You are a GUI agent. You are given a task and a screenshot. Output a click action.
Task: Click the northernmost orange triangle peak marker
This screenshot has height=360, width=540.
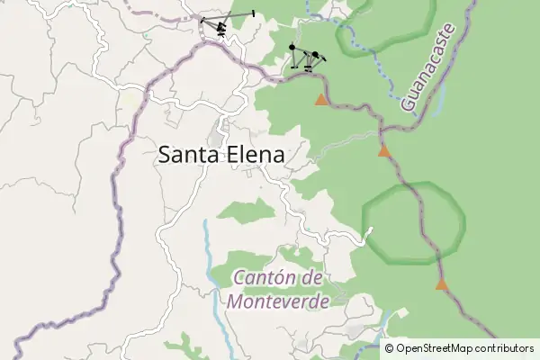pyautogui.click(x=321, y=99)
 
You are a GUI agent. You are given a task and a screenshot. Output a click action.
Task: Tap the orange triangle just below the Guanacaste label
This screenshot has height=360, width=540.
pyautogui.click(x=384, y=151)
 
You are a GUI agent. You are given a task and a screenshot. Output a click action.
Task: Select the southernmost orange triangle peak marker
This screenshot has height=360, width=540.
pyautogui.click(x=441, y=284)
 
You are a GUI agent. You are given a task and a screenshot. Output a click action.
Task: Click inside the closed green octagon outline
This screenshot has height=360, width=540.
pyautogui.click(x=414, y=223)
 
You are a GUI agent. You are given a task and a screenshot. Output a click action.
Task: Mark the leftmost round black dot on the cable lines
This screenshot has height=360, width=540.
pyautogui.click(x=292, y=47)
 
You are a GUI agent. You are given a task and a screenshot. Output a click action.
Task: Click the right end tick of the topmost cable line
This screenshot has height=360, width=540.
pyautogui.click(x=254, y=13)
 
